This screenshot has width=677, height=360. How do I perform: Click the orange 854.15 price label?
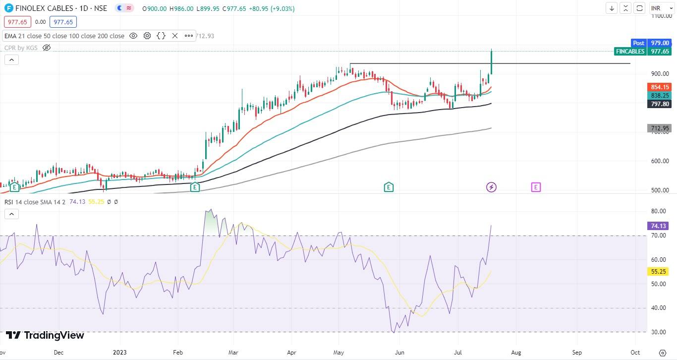(660, 87)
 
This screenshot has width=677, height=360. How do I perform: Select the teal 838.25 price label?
(660, 95)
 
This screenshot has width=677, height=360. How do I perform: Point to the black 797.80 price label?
(660, 104)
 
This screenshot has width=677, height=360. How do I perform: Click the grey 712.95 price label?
(660, 128)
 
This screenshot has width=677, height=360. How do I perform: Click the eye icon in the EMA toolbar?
(133, 36)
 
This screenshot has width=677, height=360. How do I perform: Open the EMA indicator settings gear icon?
(147, 36)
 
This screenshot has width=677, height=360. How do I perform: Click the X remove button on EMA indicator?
(175, 36)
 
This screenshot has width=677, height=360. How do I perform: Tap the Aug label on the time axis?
(515, 353)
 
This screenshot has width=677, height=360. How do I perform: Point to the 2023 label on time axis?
(120, 353)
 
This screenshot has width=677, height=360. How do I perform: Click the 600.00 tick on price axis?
(660, 161)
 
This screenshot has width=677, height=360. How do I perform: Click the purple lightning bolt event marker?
(491, 187)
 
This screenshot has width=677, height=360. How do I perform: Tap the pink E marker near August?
(536, 187)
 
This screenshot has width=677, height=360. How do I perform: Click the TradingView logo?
(45, 336)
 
